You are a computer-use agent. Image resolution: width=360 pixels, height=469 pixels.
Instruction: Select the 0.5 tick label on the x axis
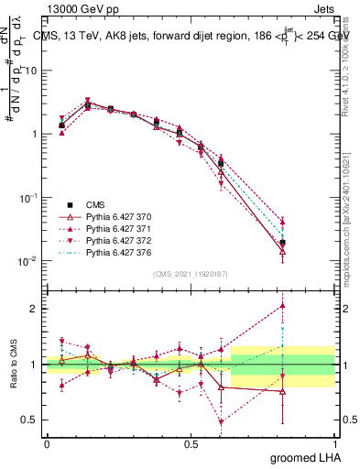[191, 443]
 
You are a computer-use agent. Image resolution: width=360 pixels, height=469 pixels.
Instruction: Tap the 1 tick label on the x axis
[333, 443]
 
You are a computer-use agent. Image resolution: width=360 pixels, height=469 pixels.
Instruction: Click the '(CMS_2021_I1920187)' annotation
[190, 274]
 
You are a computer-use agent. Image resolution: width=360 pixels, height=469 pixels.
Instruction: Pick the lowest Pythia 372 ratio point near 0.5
[222, 422]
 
